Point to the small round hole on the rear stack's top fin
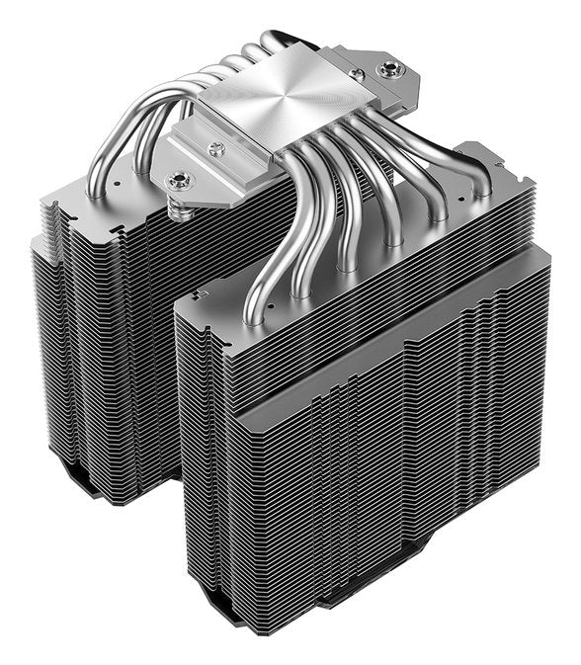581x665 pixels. [x=118, y=182]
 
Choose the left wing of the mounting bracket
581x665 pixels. [x=198, y=158]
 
